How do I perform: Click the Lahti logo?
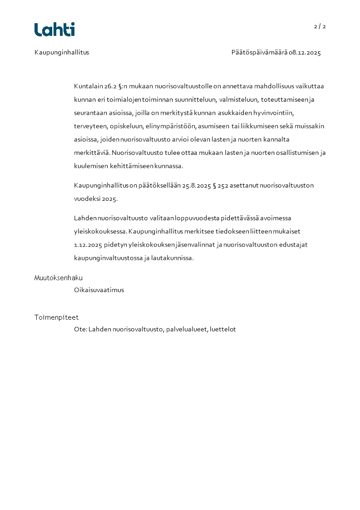click(x=54, y=30)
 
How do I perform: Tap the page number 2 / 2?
click(x=320, y=26)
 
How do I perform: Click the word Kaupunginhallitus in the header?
click(x=62, y=52)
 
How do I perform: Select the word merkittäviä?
click(x=92, y=153)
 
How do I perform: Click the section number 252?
click(x=222, y=185)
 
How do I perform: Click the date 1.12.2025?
click(x=88, y=245)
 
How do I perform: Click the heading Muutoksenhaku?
click(x=59, y=278)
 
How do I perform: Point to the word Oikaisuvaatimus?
click(x=99, y=290)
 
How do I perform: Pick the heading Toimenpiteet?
click(x=56, y=317)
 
